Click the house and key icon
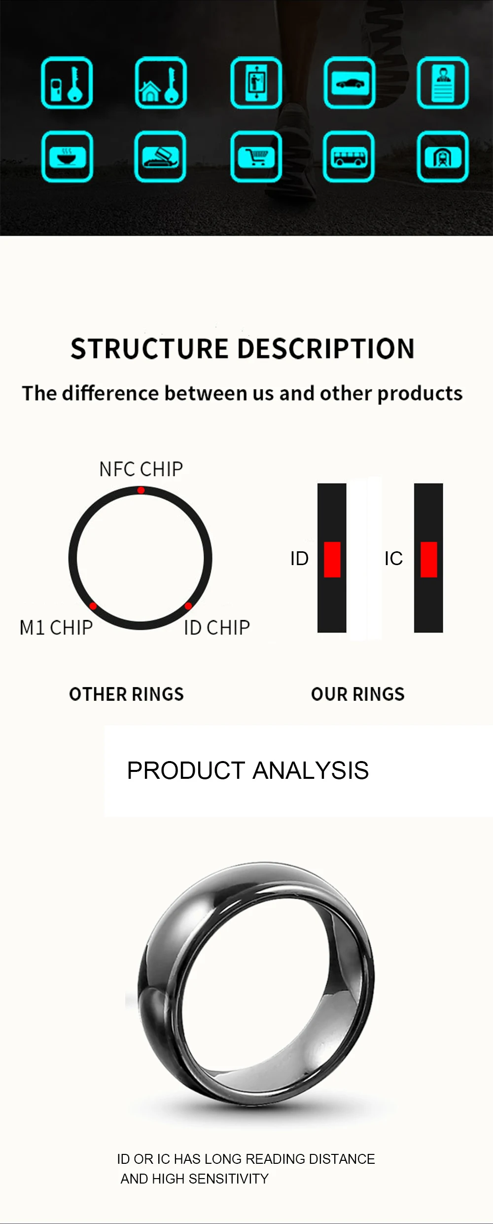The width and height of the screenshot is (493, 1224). (x=161, y=83)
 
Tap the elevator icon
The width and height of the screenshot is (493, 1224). (x=256, y=83)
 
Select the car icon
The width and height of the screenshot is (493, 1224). (x=350, y=83)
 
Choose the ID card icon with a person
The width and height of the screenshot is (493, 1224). (x=443, y=83)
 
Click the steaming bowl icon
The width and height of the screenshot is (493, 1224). (x=67, y=156)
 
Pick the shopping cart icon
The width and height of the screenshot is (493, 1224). (x=256, y=156)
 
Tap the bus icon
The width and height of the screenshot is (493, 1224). (x=349, y=156)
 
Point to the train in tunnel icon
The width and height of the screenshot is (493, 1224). (x=443, y=156)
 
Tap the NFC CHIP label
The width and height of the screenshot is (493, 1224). (x=141, y=469)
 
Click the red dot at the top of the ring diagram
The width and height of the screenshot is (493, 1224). (x=141, y=490)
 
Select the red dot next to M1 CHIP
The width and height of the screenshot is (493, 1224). (x=93, y=606)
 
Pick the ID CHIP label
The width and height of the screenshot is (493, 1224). (x=217, y=628)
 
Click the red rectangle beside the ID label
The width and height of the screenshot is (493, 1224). (x=332, y=560)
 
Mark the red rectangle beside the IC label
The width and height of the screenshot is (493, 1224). (x=429, y=560)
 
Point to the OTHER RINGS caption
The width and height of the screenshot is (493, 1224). (x=126, y=694)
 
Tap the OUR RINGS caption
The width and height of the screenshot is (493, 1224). (x=358, y=694)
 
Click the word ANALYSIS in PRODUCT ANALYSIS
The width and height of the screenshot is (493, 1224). (x=311, y=770)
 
